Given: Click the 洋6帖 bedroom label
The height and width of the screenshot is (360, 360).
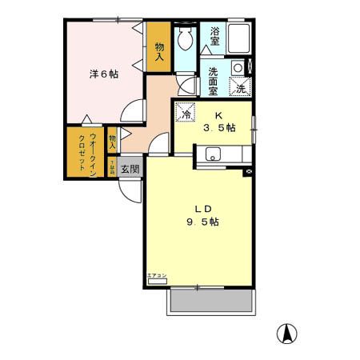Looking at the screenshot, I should coord(103,74).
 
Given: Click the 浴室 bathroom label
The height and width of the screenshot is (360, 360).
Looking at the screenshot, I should coord(214,35).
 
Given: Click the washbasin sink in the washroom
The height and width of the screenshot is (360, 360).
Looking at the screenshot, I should coord(238,68).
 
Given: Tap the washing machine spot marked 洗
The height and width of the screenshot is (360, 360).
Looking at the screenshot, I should coord(241,88).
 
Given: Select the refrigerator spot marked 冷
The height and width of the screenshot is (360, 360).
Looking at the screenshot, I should coord(186,114).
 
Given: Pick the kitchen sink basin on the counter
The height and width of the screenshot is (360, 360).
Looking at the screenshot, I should coord(214,154).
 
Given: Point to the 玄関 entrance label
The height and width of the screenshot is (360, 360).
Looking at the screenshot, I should coord(130,169).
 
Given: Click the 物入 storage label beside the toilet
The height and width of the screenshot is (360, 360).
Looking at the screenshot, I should coord(159,51).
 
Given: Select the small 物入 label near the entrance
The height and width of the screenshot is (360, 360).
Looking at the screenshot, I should coord(112,142).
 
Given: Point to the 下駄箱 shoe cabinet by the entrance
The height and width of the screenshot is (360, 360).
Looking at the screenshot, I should coord(113,168).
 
